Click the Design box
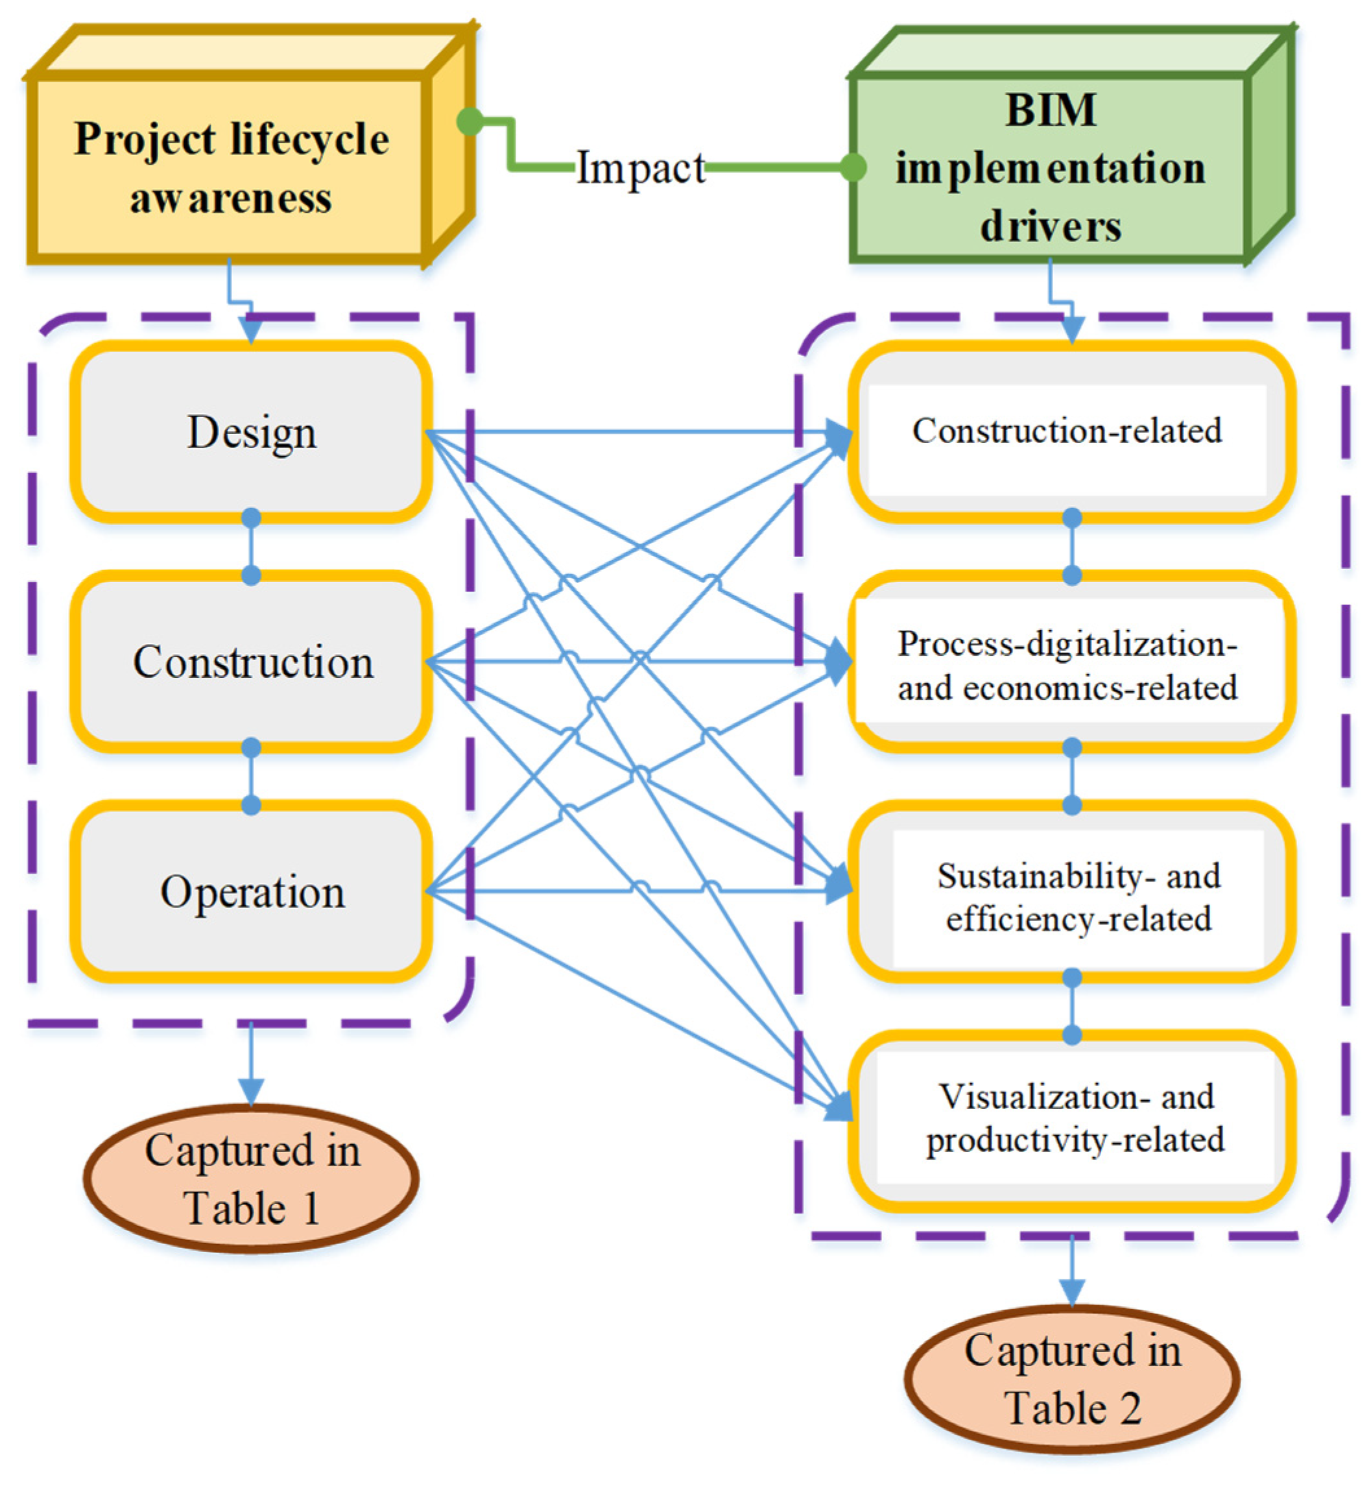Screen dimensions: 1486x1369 (251, 432)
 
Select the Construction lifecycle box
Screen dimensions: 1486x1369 (251, 662)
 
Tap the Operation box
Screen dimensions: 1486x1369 (251, 891)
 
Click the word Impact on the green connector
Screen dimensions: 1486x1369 (641, 168)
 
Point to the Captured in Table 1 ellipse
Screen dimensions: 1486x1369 (251, 1179)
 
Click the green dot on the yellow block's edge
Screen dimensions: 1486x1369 (470, 121)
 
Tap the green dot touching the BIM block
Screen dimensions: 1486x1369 (853, 167)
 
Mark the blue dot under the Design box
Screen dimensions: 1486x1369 (251, 517)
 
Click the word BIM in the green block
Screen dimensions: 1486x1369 (1051, 110)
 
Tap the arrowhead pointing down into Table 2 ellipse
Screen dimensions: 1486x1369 (1072, 1293)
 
